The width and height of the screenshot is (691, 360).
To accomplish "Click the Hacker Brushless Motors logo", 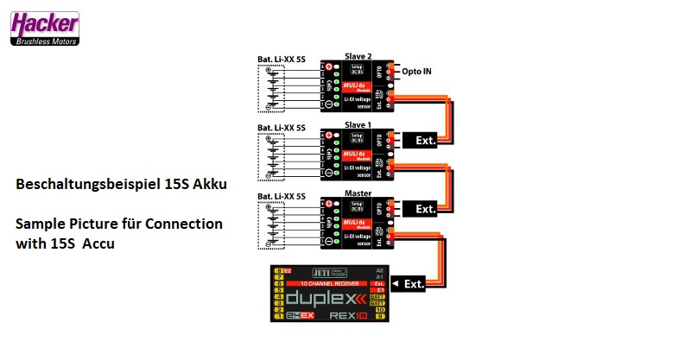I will click(x=45, y=28).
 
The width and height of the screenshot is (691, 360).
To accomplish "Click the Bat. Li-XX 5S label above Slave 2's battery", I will click(x=282, y=59).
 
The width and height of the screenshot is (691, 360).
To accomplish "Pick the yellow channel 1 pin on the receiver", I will click(x=279, y=317).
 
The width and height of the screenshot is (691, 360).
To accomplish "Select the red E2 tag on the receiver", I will click(x=288, y=270).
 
